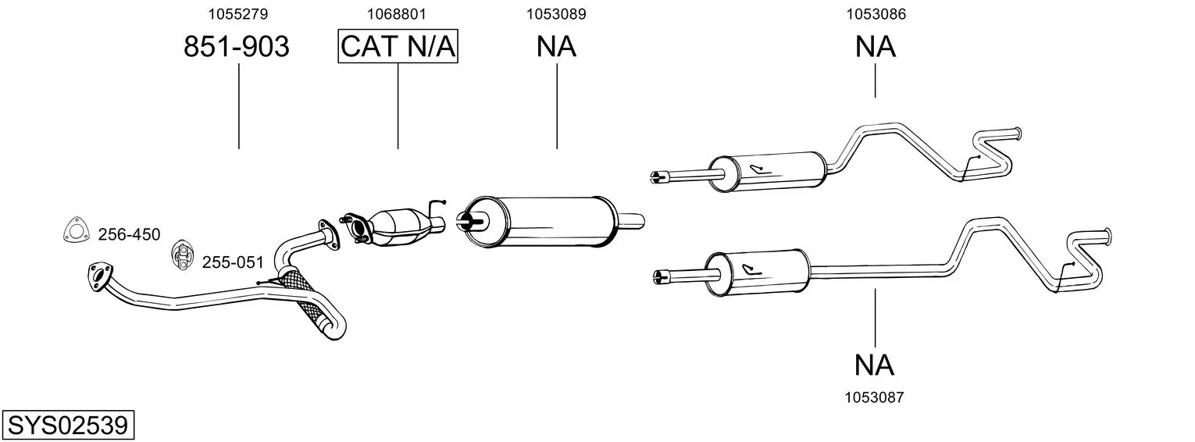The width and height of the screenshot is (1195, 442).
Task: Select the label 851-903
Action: point(237,47)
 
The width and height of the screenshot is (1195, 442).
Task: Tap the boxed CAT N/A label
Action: point(398,47)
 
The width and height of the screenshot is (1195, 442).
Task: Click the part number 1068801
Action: point(398,13)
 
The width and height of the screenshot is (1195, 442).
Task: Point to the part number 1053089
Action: point(556,13)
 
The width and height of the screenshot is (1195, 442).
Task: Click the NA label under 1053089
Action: point(556,47)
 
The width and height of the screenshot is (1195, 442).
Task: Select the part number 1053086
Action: point(875,13)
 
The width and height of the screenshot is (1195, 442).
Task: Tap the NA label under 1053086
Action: point(875,47)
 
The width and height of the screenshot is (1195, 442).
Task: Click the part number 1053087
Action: point(874,397)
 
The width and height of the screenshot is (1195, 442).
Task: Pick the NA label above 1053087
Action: point(874,365)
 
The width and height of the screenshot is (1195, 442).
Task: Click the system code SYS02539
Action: point(67,426)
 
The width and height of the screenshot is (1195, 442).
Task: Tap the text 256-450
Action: point(129,234)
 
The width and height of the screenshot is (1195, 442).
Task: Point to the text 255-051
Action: point(233,262)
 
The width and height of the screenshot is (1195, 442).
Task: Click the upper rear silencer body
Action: point(769,171)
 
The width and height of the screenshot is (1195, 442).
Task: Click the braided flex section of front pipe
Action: point(309,305)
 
